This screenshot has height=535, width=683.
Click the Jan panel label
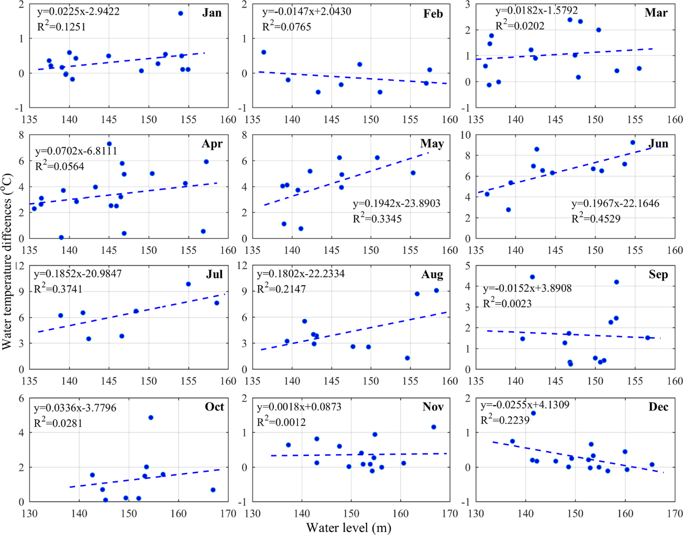coord(212,13)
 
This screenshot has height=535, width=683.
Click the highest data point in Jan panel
coord(181,13)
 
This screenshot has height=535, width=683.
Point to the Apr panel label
coord(212,143)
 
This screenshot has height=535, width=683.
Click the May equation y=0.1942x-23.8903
coord(396,203)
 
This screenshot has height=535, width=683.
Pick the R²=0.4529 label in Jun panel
coord(596,218)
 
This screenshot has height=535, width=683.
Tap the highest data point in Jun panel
coord(633,142)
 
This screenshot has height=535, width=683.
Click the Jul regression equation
coord(78,273)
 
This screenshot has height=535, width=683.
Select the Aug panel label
coord(432,274)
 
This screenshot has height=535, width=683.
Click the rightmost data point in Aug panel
coord(436,291)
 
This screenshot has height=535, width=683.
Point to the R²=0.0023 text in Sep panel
coord(507,303)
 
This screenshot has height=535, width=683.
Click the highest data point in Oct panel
coord(151,418)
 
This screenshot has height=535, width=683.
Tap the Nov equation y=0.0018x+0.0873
coord(301,407)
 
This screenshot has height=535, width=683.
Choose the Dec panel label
coord(658,407)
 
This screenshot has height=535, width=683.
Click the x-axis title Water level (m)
coord(348,527)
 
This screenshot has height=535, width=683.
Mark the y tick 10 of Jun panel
coord(465,135)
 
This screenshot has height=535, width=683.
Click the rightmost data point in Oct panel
coord(213,490)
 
